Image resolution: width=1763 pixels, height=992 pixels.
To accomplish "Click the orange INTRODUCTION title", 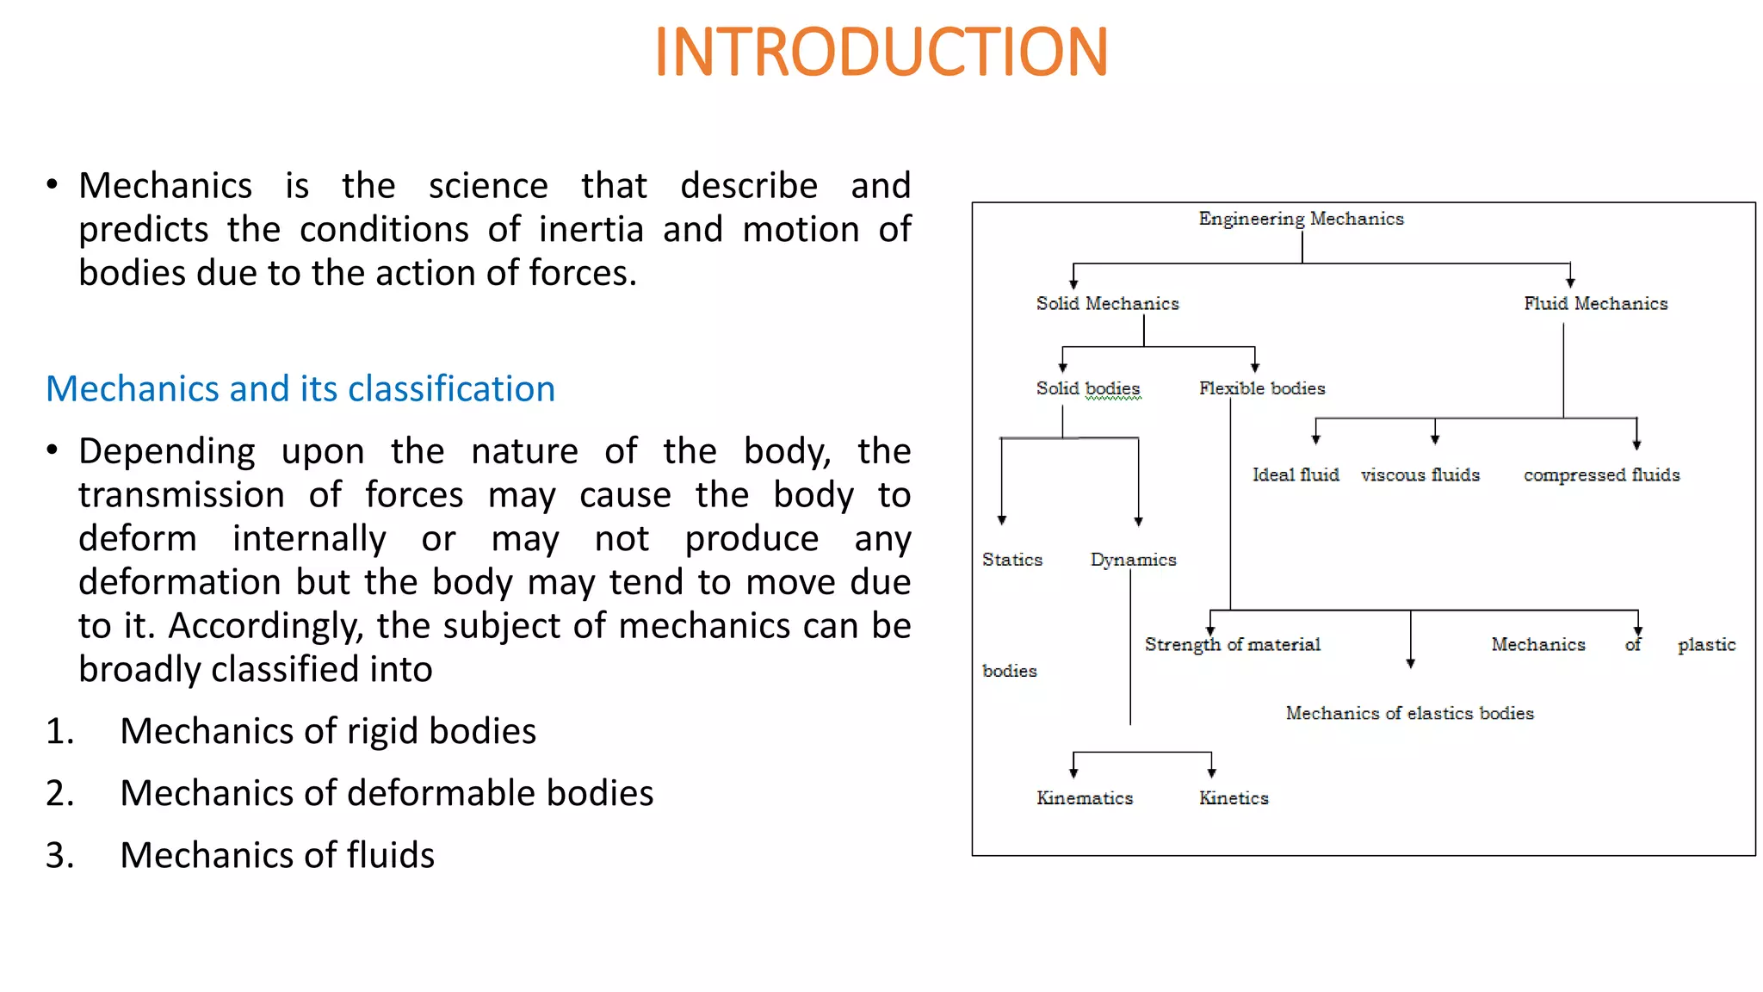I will [881, 53].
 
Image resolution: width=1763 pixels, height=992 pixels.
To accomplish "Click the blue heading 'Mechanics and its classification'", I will [300, 389].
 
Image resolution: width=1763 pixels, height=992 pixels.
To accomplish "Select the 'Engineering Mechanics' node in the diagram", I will [1301, 219].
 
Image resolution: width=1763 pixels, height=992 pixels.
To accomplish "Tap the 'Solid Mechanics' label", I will [1107, 303].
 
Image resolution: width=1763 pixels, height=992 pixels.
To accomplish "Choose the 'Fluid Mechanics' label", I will [1595, 303].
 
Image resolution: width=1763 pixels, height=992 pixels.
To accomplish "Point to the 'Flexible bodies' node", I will [1262, 388].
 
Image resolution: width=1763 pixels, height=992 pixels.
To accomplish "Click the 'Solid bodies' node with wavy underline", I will [1088, 388].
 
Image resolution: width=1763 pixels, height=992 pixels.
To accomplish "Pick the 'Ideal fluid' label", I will [1296, 474].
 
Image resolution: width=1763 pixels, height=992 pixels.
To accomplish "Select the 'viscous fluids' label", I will [1420, 474].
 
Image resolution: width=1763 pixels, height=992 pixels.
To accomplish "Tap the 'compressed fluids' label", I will [1601, 474].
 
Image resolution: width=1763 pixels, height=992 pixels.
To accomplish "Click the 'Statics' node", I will [1012, 560].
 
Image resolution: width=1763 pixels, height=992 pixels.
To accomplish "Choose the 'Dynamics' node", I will [1133, 560].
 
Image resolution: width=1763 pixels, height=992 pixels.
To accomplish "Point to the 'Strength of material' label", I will [1232, 645].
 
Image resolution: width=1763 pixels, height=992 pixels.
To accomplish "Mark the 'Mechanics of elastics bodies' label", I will [1409, 713].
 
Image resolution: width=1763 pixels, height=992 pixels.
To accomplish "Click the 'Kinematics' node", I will [1085, 798].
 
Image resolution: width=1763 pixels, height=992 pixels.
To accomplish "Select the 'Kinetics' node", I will [1234, 798].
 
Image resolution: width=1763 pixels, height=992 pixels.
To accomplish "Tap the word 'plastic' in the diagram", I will [1706, 645].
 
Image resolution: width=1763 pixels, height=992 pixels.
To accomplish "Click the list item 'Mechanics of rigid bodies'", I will [328, 731].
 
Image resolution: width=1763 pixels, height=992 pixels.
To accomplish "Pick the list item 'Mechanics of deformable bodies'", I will [387, 793].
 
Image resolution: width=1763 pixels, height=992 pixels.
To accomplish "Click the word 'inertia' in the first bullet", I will [591, 230].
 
